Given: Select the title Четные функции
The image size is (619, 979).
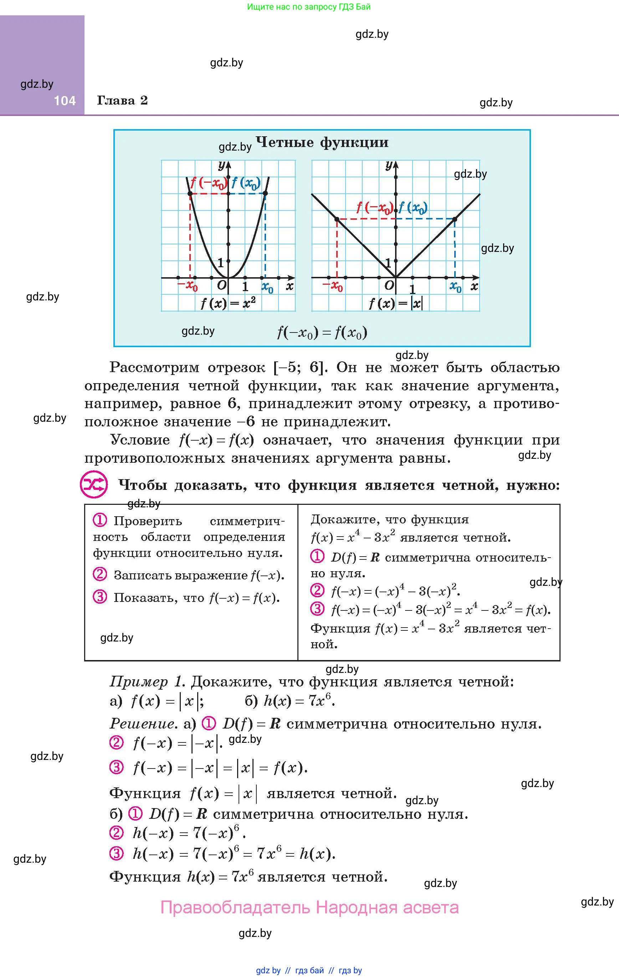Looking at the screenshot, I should [x=322, y=142].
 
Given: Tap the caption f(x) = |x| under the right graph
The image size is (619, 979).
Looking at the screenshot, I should [x=395, y=303].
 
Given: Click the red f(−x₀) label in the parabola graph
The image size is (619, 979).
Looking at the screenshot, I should [x=209, y=183].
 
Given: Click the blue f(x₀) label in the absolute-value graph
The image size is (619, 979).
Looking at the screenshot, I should [x=413, y=208].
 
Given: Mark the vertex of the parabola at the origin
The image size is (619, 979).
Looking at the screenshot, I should [x=229, y=278].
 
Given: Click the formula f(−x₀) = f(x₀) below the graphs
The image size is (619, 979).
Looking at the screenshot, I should [x=322, y=333].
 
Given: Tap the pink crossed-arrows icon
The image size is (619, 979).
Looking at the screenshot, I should [x=94, y=485].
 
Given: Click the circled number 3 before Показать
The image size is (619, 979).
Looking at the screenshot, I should [x=99, y=597].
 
